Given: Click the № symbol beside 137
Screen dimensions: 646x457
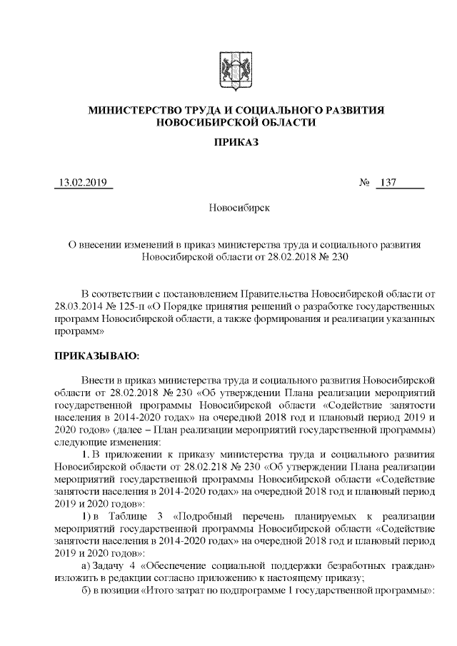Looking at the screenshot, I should [363, 183].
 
